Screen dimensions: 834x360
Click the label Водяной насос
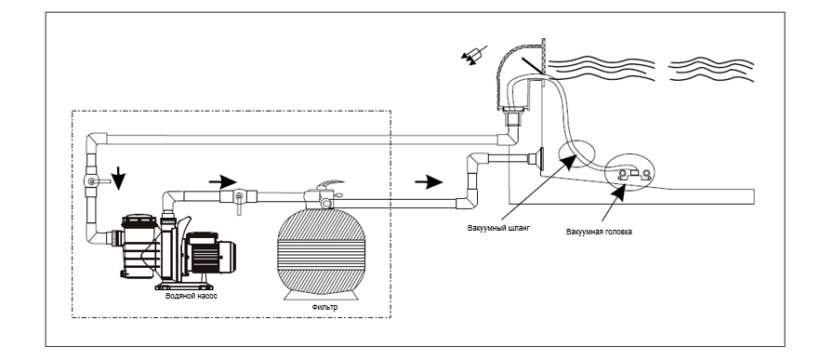(191, 296)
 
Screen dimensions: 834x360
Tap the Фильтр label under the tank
(324, 307)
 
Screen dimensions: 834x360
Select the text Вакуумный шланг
(499, 228)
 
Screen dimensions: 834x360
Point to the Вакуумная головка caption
(599, 232)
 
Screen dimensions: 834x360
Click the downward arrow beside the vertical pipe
(119, 179)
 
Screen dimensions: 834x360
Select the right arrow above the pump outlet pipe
(222, 182)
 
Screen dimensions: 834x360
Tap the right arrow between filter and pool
(429, 182)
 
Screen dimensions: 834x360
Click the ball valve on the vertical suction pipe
(92, 181)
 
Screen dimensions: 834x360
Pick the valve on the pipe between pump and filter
(239, 198)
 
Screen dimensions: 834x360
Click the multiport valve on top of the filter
(325, 196)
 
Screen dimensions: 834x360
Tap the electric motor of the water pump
(211, 254)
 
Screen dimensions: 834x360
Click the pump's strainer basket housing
(138, 246)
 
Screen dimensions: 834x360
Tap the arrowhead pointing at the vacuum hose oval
(569, 161)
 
